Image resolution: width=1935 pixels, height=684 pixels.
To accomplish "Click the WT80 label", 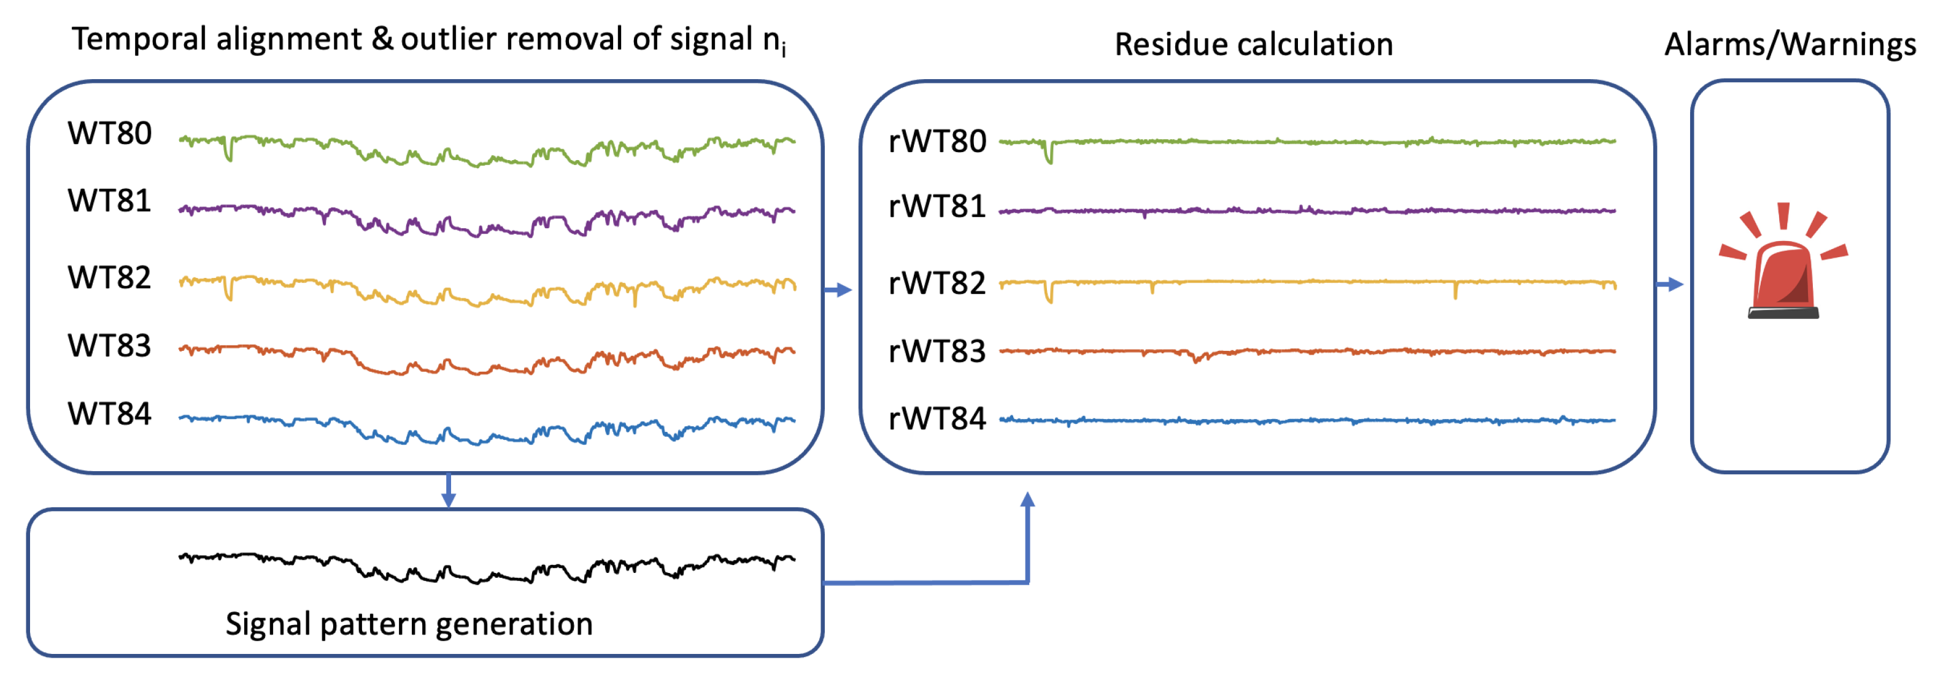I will [110, 134].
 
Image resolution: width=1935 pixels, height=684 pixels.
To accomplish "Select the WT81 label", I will [110, 201].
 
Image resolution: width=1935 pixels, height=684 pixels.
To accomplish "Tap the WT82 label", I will [110, 278].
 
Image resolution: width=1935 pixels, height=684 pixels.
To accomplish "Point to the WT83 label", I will [110, 346].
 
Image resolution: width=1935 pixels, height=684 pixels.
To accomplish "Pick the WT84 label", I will [110, 413].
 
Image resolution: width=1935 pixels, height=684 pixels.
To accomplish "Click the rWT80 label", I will [937, 142].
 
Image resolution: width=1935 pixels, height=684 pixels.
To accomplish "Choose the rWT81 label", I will [937, 207].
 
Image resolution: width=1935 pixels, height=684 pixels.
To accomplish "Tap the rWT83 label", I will [937, 352].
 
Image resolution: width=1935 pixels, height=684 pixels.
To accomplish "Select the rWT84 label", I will [937, 419].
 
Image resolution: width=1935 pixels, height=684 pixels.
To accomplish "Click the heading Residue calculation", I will [1253, 45].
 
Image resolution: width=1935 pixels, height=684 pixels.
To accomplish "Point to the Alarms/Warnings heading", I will [1790, 45].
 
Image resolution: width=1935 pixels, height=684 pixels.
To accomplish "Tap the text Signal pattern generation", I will [409, 624].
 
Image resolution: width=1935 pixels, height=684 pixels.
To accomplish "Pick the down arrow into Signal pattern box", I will [449, 492].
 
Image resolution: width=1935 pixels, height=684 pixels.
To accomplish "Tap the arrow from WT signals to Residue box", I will [838, 290].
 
